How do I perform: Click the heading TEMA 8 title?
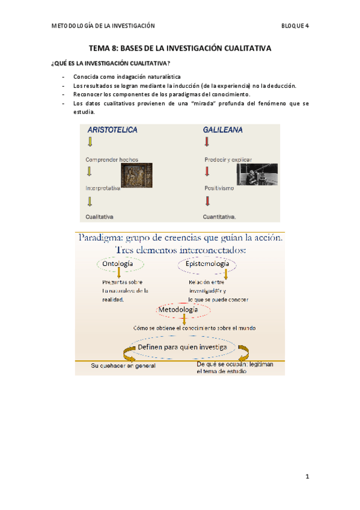click(x=180, y=48)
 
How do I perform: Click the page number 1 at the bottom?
click(x=307, y=477)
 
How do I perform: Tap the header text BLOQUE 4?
click(x=294, y=25)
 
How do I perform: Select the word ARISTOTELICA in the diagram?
click(x=112, y=129)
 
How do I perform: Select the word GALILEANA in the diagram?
click(x=223, y=129)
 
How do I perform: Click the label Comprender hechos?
click(x=112, y=159)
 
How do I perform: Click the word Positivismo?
click(x=220, y=188)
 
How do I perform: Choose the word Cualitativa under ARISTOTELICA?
click(x=100, y=216)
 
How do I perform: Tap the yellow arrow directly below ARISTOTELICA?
click(x=90, y=143)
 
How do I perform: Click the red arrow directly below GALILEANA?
click(x=207, y=143)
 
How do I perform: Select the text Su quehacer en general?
click(x=123, y=366)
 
